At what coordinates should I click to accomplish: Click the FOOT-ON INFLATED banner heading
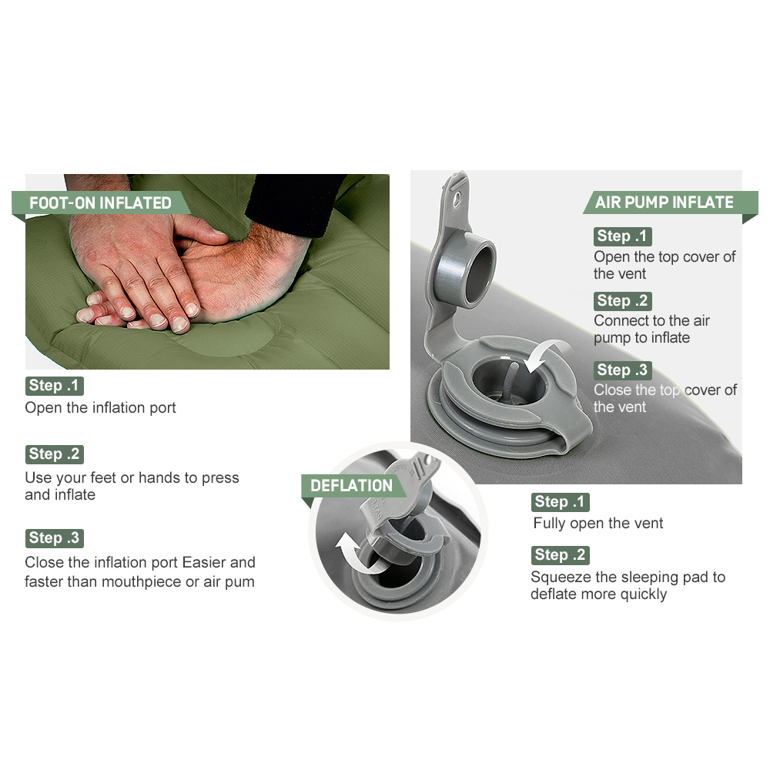(x=100, y=203)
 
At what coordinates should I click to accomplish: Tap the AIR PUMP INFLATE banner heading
(x=664, y=202)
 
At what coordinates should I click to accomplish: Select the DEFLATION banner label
(x=352, y=486)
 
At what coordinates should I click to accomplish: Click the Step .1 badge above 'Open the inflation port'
(x=54, y=386)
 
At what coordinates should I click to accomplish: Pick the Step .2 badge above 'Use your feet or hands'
(x=54, y=454)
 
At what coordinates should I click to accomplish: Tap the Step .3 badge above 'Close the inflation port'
(x=54, y=537)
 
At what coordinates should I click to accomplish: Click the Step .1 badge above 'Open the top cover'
(x=622, y=236)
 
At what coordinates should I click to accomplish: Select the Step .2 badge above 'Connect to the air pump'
(x=622, y=300)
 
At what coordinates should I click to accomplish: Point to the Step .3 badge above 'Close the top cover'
(x=622, y=370)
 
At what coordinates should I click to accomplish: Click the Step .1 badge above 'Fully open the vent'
(x=560, y=502)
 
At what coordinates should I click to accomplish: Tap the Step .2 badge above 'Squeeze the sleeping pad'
(x=560, y=555)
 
